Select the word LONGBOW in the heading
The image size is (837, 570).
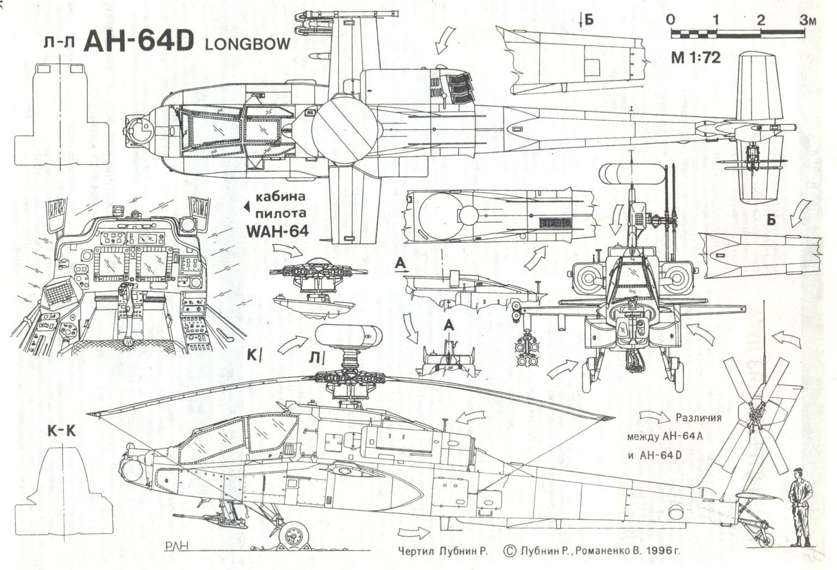coord(248,45)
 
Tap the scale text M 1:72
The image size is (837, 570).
coord(696,58)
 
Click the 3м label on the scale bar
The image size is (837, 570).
coord(808,21)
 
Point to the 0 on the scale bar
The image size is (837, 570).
coord(670,20)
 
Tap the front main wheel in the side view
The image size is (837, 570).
coord(292,533)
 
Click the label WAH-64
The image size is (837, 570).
coord(277,231)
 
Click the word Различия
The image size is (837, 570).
coord(699,418)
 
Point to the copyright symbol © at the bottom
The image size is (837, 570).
coord(511,551)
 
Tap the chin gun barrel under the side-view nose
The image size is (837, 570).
coord(188,514)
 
